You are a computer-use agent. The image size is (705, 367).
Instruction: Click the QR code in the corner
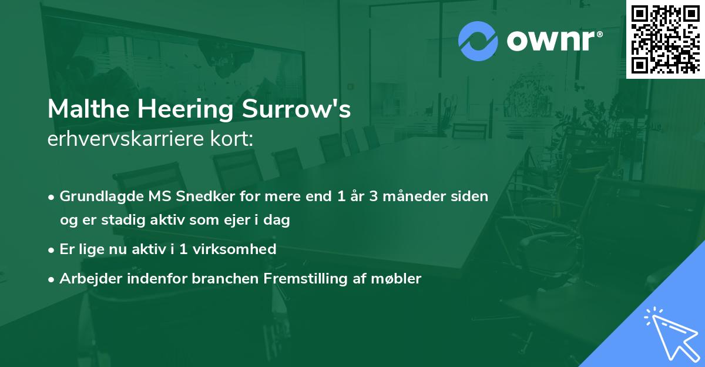666,39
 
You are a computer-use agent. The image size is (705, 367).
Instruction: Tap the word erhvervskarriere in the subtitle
120,139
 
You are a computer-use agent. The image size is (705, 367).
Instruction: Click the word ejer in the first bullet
223,221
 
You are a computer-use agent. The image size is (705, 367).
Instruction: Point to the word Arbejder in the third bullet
86,279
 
